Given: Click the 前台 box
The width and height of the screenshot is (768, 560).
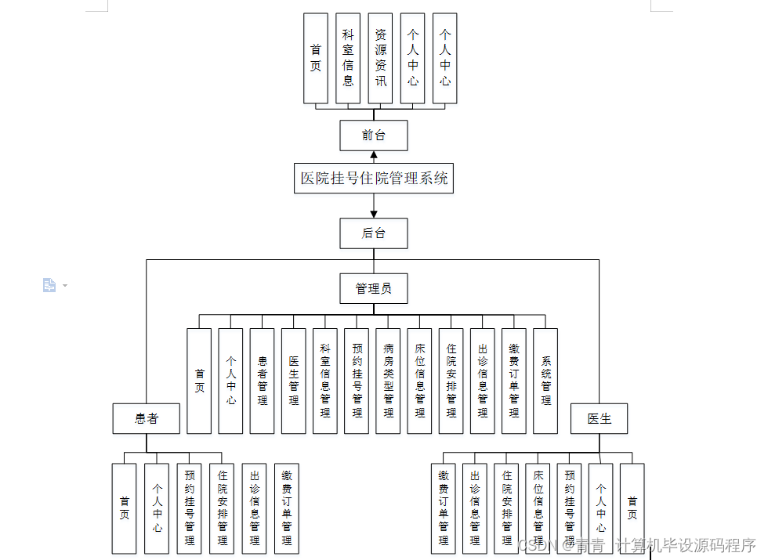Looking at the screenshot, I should coord(374,135).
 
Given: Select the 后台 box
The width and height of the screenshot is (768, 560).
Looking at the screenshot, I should coord(374,233).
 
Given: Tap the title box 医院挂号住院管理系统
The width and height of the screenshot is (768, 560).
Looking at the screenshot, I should coord(375,179).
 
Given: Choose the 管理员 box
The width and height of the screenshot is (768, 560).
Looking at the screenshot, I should coord(374,288).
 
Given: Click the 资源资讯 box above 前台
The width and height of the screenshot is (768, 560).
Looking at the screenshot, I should coord(380,59).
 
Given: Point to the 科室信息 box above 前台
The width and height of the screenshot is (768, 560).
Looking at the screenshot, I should coord(348,59).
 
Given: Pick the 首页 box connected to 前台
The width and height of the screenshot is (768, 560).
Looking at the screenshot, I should coord(316,59).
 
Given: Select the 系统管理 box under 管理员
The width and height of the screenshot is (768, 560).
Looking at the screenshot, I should coord(545,381).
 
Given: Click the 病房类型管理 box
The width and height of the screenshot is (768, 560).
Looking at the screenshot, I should coord(388,381).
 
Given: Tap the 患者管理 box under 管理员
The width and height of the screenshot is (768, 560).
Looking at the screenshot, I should coord(263,381).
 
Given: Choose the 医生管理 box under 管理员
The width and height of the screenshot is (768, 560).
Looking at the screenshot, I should coord(294,381).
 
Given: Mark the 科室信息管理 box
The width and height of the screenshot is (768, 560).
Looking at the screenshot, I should coord(325,381).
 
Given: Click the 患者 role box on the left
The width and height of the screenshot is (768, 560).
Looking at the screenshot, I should coord(147,418).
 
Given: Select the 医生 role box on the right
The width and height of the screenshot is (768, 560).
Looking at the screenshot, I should coord(600,418).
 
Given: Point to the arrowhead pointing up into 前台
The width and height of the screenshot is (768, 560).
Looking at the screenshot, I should coord(374,155).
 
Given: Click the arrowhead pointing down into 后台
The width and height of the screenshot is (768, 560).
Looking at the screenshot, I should coord(374,213).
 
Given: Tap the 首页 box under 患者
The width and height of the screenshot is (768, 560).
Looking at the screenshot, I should coord(124,508).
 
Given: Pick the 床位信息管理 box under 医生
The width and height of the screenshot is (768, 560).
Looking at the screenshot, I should coord(538,508).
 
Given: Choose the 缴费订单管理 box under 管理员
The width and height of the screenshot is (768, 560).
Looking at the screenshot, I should coord(514,381).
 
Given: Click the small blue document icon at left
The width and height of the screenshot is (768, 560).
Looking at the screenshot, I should coord(49,285).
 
